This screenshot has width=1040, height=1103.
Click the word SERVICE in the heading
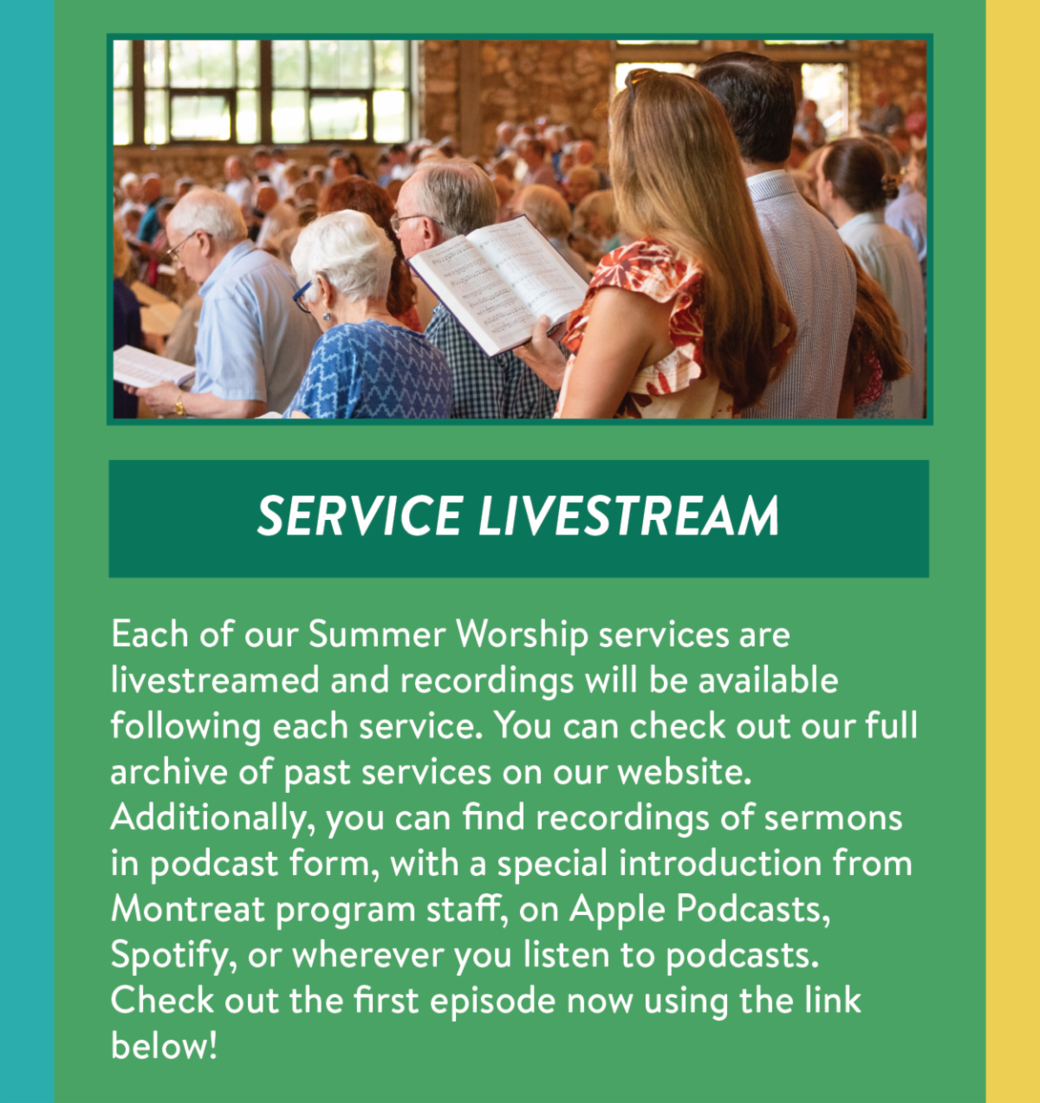(x=358, y=516)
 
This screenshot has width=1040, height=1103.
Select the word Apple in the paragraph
(x=616, y=909)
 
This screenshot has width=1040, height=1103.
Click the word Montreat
(x=188, y=909)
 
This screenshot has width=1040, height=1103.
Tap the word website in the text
(x=683, y=772)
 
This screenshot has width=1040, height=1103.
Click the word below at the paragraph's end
(x=163, y=1046)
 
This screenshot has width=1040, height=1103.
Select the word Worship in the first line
(x=522, y=635)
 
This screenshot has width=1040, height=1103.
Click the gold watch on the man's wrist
(x=180, y=405)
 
